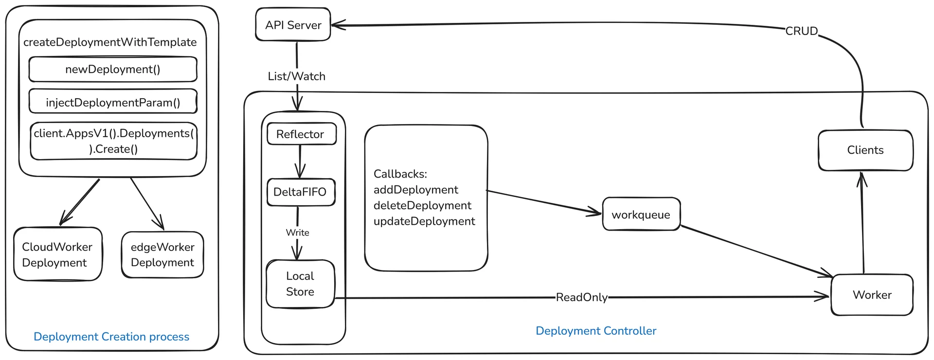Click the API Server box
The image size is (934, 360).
tap(293, 24)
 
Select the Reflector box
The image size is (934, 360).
tap(302, 134)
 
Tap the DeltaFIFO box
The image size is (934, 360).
tap(301, 192)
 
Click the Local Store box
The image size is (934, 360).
tap(301, 284)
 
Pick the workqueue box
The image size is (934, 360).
tap(641, 214)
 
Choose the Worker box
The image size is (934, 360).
tap(872, 295)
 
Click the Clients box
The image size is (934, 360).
tap(865, 150)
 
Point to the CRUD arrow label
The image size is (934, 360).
tap(802, 31)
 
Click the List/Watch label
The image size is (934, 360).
tap(297, 76)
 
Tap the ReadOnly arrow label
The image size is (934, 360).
tap(582, 297)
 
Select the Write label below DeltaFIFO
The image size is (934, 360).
tap(298, 233)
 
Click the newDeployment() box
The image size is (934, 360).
tap(113, 69)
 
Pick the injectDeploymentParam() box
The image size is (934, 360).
tap(113, 102)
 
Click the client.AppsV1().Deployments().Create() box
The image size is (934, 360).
tap(114, 141)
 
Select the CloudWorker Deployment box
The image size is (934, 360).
tap(58, 254)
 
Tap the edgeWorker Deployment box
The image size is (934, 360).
tap(162, 254)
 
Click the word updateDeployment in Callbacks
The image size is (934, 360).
tap(424, 221)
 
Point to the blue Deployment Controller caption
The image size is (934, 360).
tap(596, 331)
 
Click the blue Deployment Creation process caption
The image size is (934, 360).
tap(111, 337)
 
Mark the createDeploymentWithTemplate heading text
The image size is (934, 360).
tap(110, 42)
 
